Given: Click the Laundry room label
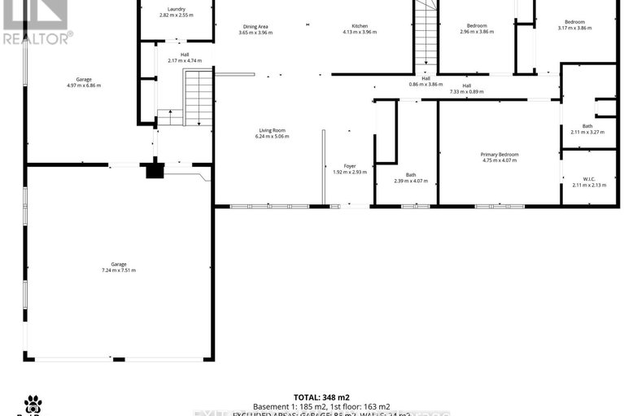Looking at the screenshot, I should (177, 12).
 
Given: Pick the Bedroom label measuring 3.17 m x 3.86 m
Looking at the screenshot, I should (575, 24).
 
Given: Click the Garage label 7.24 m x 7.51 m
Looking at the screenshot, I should (119, 267).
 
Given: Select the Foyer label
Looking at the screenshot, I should (350, 169).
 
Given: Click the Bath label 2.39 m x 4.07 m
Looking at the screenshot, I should (411, 177).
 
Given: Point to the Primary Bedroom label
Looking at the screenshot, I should (500, 157).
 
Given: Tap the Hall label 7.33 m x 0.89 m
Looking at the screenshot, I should (466, 89).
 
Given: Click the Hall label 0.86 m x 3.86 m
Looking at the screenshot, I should (425, 81).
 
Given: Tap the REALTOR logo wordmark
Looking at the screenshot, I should (37, 37).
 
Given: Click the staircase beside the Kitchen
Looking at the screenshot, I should (426, 36).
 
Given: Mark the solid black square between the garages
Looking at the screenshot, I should (155, 171).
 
